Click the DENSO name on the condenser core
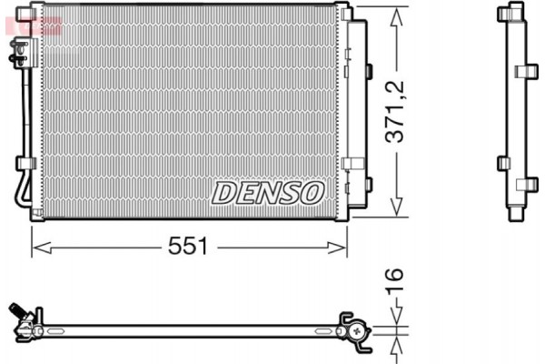(x=268, y=192)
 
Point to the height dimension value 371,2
(x=394, y=114)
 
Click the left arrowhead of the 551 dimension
(x=36, y=247)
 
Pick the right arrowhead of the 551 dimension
(x=342, y=247)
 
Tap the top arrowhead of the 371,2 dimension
(x=395, y=13)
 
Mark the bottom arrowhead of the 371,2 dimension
(x=395, y=212)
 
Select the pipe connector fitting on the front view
(x=17, y=57)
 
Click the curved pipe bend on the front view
(x=21, y=197)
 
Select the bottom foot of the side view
(x=515, y=215)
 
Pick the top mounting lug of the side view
(x=515, y=13)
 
